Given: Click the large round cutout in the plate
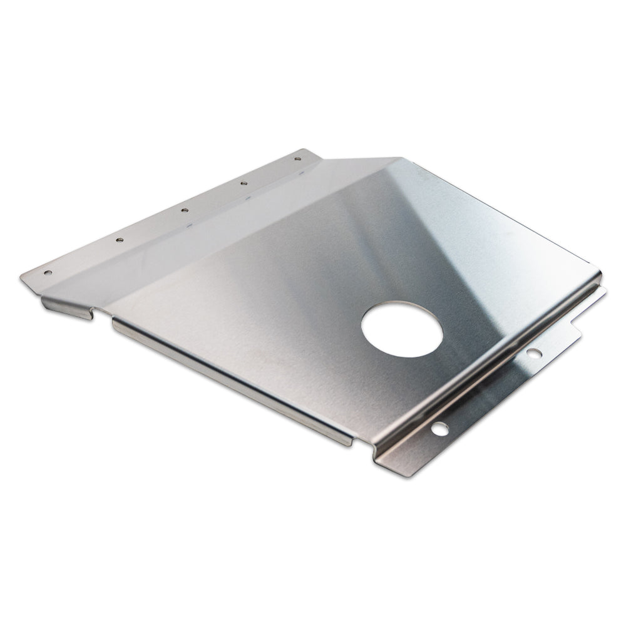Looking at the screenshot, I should pos(402,329).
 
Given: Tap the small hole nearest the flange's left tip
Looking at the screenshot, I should pos(47,273).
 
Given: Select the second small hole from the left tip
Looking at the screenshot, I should pos(119,239).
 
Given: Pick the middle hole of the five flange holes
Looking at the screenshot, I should pos(185,210).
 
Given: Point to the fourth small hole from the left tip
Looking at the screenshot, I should pos(244,183).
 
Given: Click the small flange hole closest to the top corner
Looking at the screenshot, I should pos(297,158).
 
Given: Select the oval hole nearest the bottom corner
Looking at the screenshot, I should pos(440,429).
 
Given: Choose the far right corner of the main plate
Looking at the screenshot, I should pos(599,275).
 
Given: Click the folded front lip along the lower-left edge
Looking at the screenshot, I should pos(232,382).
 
